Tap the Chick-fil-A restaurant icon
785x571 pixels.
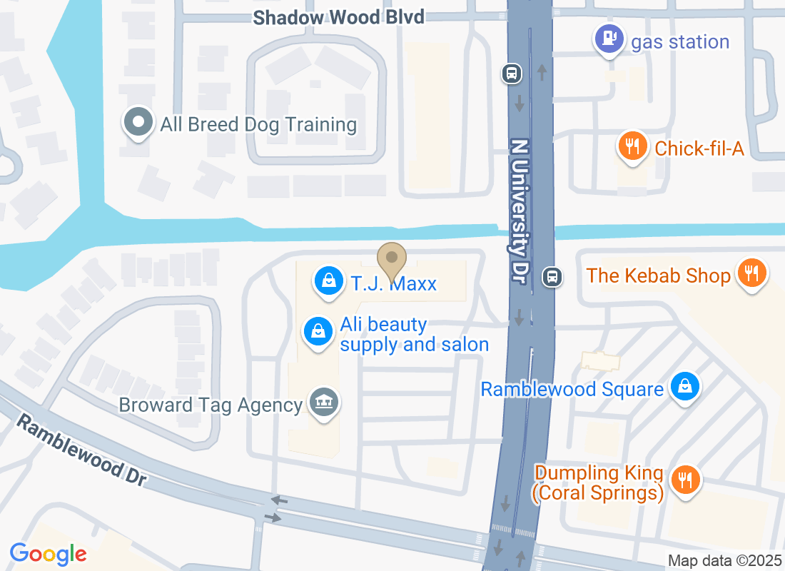(632, 146)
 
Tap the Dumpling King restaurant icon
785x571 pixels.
(686, 480)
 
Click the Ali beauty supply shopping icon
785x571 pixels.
(318, 331)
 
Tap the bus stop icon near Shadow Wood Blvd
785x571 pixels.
(512, 73)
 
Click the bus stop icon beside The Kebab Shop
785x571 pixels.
(552, 276)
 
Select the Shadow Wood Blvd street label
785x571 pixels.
(339, 17)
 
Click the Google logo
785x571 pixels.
(48, 553)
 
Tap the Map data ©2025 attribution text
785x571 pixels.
(724, 560)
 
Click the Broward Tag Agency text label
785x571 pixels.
(211, 405)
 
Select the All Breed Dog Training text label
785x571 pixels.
(258, 125)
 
